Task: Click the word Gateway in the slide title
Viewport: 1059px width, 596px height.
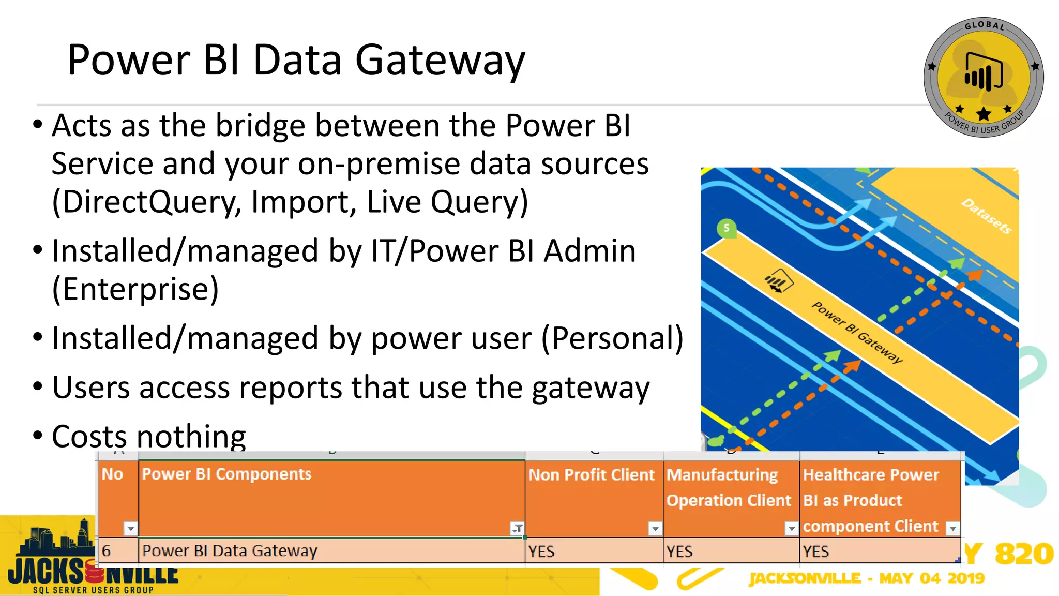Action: [440, 61]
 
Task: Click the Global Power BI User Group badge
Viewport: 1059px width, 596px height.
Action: [983, 78]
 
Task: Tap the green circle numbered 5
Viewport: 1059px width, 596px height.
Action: [726, 228]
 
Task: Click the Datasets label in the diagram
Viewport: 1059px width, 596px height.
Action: [986, 216]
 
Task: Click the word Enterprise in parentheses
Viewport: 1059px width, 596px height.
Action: [135, 289]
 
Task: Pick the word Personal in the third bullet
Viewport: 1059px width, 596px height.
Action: [612, 338]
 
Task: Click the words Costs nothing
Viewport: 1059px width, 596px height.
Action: [149, 436]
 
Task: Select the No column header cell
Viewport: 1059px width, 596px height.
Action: [113, 474]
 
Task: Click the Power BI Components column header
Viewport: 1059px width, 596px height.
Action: [226, 474]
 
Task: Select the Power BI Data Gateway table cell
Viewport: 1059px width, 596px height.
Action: [230, 551]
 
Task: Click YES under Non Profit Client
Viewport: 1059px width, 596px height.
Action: [541, 552]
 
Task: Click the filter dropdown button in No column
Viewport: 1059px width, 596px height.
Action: [130, 528]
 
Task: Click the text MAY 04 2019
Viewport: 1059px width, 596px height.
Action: [932, 578]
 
